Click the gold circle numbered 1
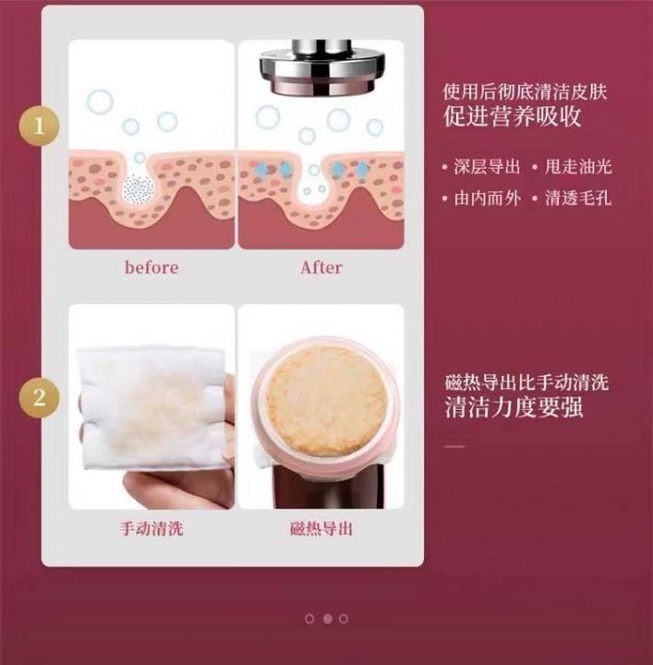pyautogui.click(x=39, y=126)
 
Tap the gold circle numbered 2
pyautogui.click(x=39, y=398)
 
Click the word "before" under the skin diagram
pyautogui.click(x=151, y=267)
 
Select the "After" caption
pyautogui.click(x=321, y=267)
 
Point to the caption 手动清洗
pyautogui.click(x=151, y=528)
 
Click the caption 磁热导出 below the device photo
pyautogui.click(x=321, y=528)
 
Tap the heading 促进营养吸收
pyautogui.click(x=513, y=116)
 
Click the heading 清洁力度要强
pyautogui.click(x=514, y=407)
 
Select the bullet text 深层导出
pyautogui.click(x=487, y=166)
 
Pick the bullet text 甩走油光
pyautogui.click(x=578, y=166)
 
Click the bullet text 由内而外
pyautogui.click(x=487, y=198)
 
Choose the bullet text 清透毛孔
pyautogui.click(x=578, y=198)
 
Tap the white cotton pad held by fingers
pyautogui.click(x=151, y=410)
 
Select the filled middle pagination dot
pyautogui.click(x=327, y=619)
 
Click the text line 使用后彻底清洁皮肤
pyautogui.click(x=525, y=91)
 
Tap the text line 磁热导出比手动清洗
pyautogui.click(x=526, y=382)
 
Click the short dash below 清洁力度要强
pyautogui.click(x=454, y=447)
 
